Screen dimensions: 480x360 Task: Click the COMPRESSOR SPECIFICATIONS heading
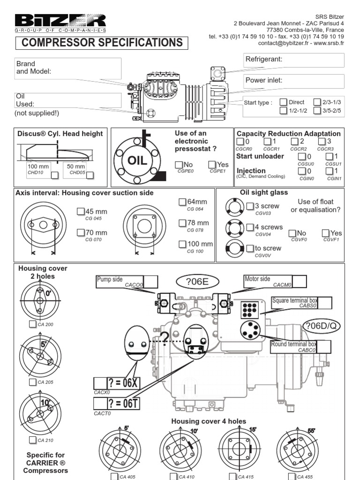(102, 43)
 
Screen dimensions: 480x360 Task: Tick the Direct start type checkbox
(283, 102)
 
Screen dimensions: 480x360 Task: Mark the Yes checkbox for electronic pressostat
(212, 165)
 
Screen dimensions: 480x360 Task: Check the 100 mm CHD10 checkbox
(54, 175)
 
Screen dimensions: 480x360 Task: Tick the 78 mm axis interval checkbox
(182, 223)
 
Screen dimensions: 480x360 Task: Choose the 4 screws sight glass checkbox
(250, 227)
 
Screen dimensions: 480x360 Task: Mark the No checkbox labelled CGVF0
(292, 233)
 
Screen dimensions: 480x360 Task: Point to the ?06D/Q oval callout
(322, 325)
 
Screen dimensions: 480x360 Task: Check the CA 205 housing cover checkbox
(32, 382)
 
